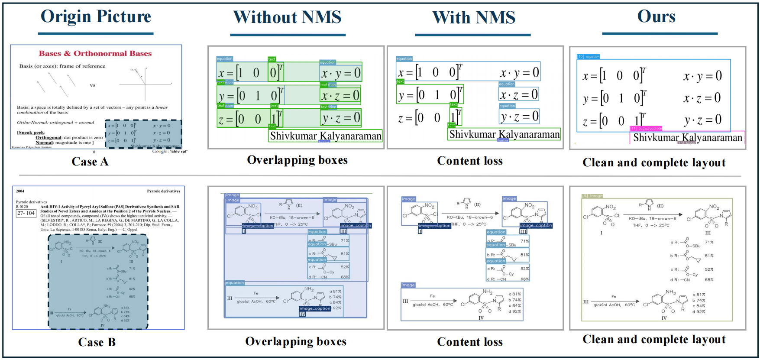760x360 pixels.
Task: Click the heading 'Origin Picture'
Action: [x=96, y=16]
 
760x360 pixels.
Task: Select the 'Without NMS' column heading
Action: [x=287, y=17]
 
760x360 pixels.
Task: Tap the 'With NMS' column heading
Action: [x=474, y=18]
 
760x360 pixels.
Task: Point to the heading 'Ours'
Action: [x=656, y=16]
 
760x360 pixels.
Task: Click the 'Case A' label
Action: [x=90, y=162]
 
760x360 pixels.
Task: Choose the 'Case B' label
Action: [x=97, y=342]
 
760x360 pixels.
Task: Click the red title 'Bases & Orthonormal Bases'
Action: [x=95, y=54]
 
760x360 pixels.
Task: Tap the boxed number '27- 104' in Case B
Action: [x=26, y=213]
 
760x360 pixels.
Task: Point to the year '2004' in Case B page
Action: [x=20, y=191]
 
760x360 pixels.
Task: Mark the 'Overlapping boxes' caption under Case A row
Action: [x=297, y=160]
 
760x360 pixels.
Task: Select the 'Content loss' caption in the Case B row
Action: [x=470, y=342]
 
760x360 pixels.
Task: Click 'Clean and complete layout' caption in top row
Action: [x=654, y=162]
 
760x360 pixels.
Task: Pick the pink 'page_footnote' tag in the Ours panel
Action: [x=646, y=128]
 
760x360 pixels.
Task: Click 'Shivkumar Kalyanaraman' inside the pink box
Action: [x=687, y=138]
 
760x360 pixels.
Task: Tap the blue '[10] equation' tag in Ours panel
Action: [x=589, y=56]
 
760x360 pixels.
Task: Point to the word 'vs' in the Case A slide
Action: [x=93, y=85]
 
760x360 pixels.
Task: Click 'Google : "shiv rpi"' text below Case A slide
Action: [x=170, y=151]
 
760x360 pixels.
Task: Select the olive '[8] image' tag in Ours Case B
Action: [x=592, y=196]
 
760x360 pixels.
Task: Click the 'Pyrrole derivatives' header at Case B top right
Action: [x=163, y=191]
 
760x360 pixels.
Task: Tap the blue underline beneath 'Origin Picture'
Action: [x=96, y=33]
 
